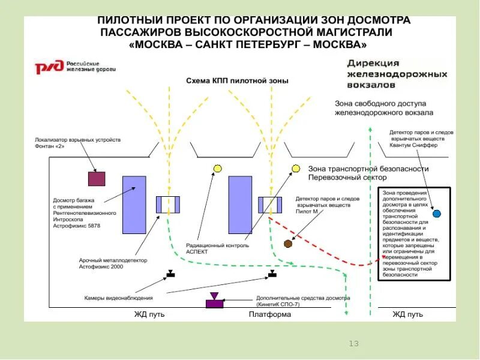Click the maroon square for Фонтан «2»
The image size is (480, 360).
pyautogui.click(x=97, y=179)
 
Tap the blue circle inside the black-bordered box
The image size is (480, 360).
pyautogui.click(x=436, y=214)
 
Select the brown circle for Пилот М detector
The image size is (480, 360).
pyautogui.click(x=288, y=244)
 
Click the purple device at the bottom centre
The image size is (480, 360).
pyautogui.click(x=214, y=302)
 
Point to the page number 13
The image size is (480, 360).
pyautogui.click(x=353, y=344)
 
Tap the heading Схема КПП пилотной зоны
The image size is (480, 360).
pyautogui.click(x=237, y=80)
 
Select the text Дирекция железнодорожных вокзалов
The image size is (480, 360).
pyautogui.click(x=397, y=74)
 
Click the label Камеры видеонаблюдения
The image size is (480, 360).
pyautogui.click(x=118, y=298)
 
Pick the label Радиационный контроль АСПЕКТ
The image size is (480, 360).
pyautogui.click(x=208, y=249)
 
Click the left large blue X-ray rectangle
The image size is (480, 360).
pyautogui.click(x=134, y=205)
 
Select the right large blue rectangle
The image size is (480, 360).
pyautogui.click(x=240, y=205)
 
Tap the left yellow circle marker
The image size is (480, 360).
pyautogui.click(x=218, y=169)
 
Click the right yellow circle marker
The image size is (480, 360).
pyautogui.click(x=296, y=169)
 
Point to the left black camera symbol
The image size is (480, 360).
pyautogui.click(x=170, y=274)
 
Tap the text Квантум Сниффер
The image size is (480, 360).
pyautogui.click(x=413, y=145)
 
